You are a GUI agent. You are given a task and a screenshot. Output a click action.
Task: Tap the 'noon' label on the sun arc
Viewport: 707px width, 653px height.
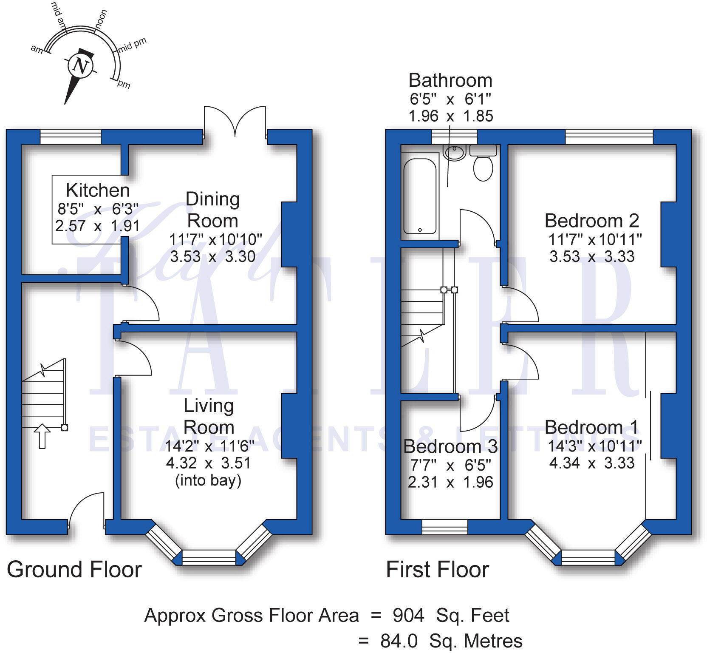101,20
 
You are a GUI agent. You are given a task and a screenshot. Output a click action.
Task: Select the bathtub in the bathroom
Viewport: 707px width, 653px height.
420,196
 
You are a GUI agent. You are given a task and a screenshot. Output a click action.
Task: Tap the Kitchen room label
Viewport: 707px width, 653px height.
98,190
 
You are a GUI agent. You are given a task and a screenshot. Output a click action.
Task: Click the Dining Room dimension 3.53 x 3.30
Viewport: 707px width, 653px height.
212,256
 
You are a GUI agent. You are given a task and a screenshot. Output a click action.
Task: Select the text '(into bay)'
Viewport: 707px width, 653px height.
208,480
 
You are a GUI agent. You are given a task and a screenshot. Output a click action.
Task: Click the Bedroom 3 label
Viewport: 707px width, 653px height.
450,446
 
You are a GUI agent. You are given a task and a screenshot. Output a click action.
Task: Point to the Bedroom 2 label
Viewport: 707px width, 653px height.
591,221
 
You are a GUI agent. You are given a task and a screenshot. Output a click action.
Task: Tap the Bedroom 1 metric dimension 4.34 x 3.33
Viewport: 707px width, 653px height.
591,463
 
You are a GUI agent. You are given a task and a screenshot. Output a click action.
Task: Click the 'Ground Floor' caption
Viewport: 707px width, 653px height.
74,569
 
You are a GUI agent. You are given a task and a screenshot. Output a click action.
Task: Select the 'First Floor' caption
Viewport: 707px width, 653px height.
438,569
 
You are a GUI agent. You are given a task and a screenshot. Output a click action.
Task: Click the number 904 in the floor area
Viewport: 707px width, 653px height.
408,615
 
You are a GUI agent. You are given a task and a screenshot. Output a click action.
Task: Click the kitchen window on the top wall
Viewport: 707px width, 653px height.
71,137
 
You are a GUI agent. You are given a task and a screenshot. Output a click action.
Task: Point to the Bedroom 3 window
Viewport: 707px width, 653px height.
444,527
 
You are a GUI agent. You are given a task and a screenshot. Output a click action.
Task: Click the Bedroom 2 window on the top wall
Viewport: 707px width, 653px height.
609,137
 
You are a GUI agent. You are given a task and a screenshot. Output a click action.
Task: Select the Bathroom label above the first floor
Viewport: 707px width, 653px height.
450,80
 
